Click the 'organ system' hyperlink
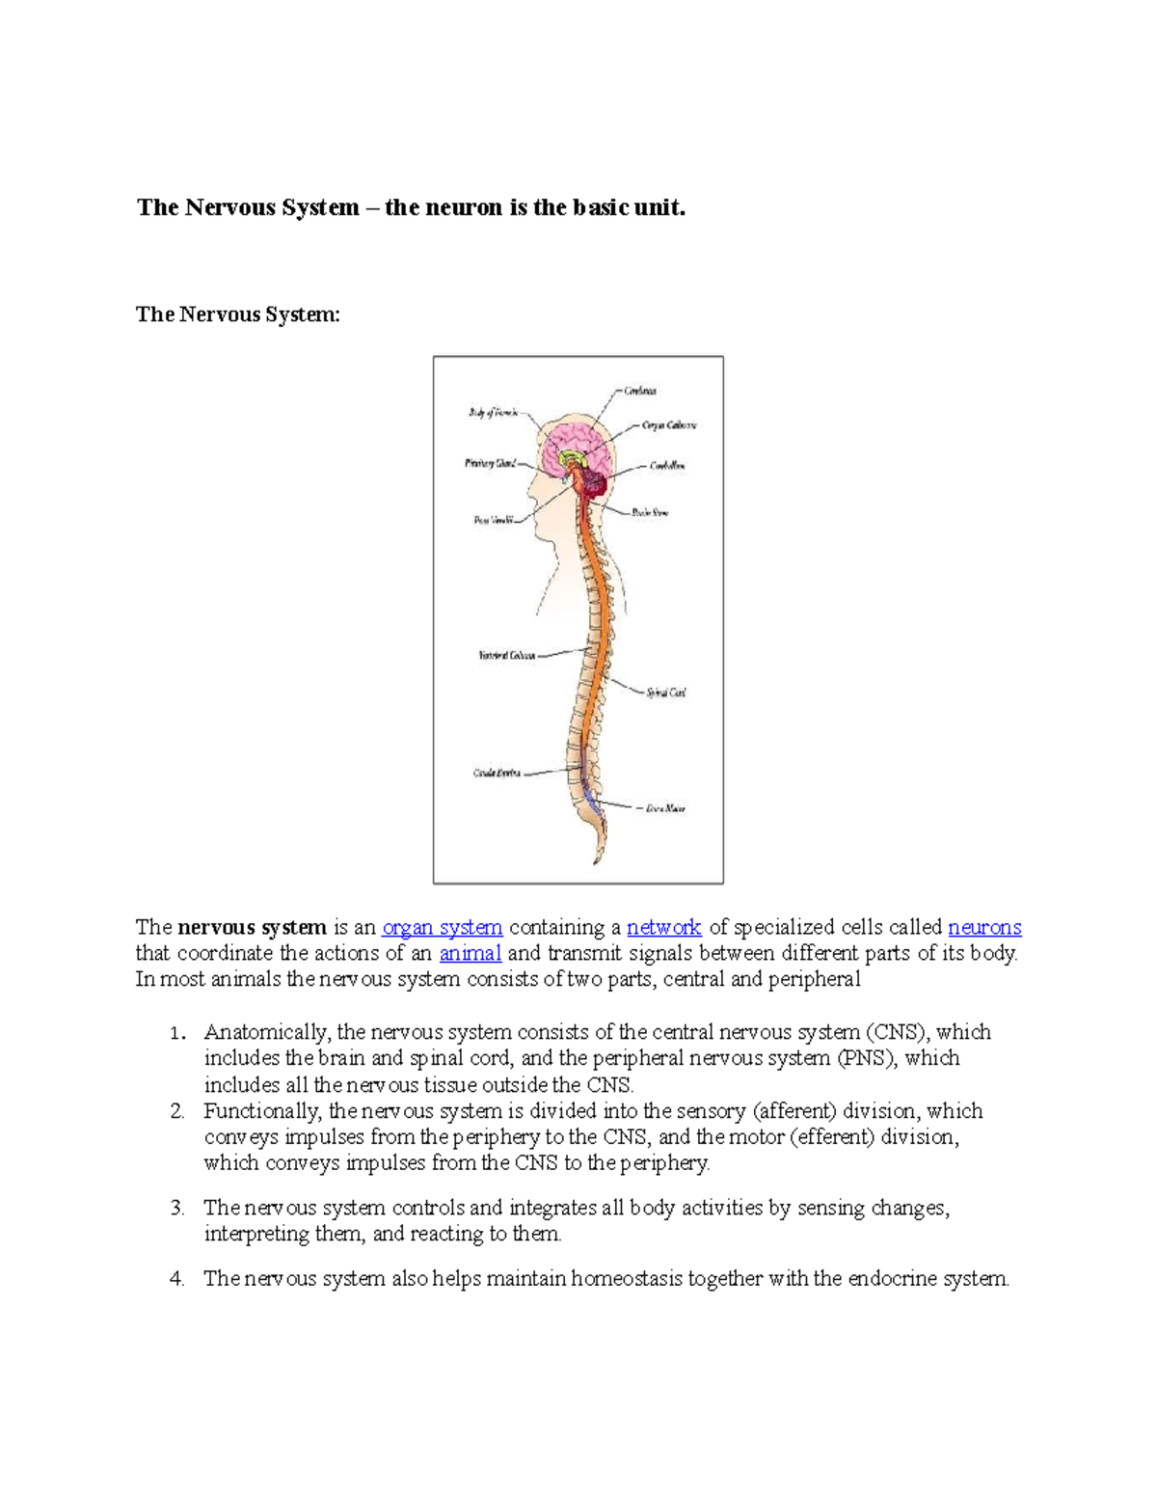pos(442,928)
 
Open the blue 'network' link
pos(663,928)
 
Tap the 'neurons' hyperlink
pos(984,928)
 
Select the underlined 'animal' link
pos(470,954)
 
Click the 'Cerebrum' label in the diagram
pos(640,391)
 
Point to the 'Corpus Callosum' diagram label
pos(669,425)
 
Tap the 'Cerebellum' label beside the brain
pos(667,466)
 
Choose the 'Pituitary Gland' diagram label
pos(491,464)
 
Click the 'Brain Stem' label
pos(650,513)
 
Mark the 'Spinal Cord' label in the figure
pos(666,693)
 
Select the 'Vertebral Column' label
pos(507,656)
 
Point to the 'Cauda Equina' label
pos(497,774)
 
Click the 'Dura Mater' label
pos(665,808)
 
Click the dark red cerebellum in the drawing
pos(594,481)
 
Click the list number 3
pos(176,1209)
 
